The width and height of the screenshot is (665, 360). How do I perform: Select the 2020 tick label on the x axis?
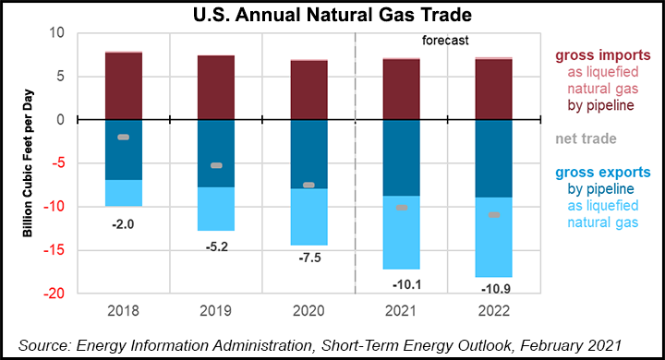pos(308,311)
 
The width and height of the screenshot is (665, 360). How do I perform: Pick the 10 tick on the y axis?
pos(56,33)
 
